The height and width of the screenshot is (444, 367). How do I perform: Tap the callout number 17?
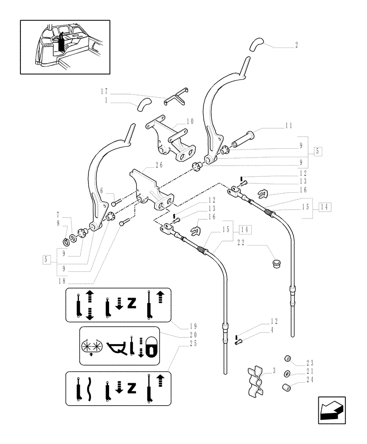[x=104, y=91]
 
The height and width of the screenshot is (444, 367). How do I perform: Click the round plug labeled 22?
[x=277, y=263]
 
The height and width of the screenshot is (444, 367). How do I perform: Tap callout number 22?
[x=242, y=242]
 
